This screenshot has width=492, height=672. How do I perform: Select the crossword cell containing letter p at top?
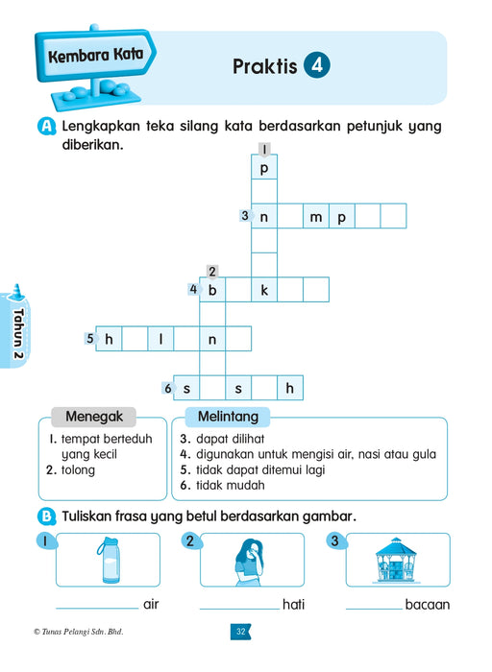pyautogui.click(x=263, y=166)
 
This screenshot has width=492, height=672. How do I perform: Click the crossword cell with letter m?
pyautogui.click(x=315, y=217)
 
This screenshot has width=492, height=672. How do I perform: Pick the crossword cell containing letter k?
pyautogui.click(x=263, y=290)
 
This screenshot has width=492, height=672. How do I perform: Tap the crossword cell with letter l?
pyautogui.click(x=160, y=339)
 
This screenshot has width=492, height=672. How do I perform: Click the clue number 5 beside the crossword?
pyautogui.click(x=89, y=338)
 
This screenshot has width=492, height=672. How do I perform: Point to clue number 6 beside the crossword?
pyautogui.click(x=167, y=388)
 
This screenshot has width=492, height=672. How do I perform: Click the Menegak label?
pyautogui.click(x=92, y=418)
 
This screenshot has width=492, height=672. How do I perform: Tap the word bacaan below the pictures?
pyautogui.click(x=427, y=605)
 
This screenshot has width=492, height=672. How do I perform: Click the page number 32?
pyautogui.click(x=240, y=631)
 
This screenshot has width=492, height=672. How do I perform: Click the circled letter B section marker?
pyautogui.click(x=46, y=516)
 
